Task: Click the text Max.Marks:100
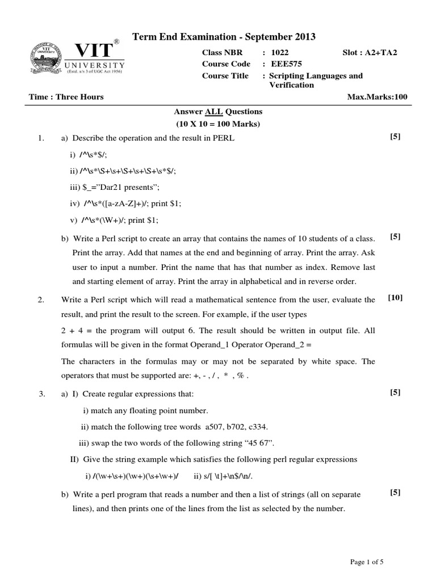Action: pyautogui.click(x=377, y=97)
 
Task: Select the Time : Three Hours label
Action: pyautogui.click(x=66, y=97)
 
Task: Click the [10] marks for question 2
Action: pyautogui.click(x=395, y=297)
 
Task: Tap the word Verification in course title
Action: pyautogui.click(x=291, y=85)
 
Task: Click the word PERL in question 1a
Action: pyautogui.click(x=224, y=138)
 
